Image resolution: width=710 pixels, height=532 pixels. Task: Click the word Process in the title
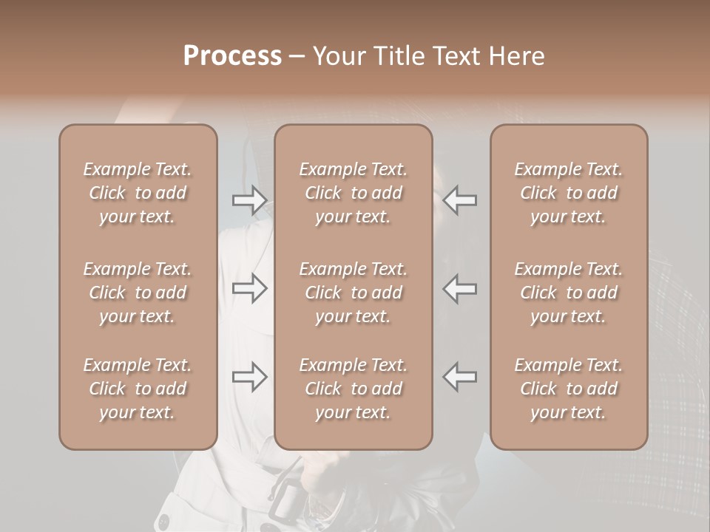pos(232,56)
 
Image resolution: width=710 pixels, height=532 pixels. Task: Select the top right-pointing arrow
pos(250,200)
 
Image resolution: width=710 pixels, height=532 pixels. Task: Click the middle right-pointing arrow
pos(250,288)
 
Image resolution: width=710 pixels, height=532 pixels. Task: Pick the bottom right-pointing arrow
pos(250,378)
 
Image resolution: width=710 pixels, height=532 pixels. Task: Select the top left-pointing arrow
pos(459,200)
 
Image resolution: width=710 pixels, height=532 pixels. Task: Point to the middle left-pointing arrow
pos(459,288)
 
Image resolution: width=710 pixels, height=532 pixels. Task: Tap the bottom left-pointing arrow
pos(459,378)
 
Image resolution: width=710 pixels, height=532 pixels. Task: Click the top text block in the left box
pos(138,193)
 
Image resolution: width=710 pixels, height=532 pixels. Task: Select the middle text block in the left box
pos(138,293)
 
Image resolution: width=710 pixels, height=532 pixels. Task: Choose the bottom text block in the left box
pos(138,389)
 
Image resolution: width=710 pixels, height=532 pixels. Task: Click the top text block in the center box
pos(353,193)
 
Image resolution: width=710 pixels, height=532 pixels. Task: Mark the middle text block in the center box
pos(353,293)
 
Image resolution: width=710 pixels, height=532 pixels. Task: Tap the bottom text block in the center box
pos(353,389)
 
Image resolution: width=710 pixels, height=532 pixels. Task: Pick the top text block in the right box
pos(568,193)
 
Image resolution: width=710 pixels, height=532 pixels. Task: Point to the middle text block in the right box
pos(568,293)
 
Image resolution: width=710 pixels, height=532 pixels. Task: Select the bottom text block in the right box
pos(568,389)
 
